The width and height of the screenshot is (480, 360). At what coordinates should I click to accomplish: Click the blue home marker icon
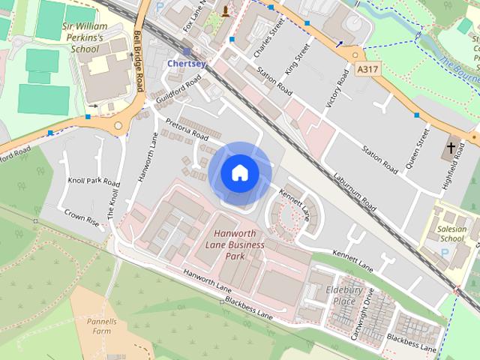coord(239,172)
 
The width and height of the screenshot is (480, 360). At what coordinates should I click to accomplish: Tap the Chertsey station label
coord(186,64)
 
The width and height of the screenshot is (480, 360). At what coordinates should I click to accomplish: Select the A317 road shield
coord(367,69)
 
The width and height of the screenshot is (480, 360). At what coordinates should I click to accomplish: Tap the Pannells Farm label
coord(100,325)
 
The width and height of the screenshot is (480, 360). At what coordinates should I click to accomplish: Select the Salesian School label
coord(452,234)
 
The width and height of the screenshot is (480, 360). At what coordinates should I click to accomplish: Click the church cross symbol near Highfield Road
coord(452,147)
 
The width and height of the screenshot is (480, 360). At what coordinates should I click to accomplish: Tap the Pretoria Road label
coord(186,128)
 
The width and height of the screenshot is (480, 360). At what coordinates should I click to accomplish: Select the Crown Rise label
coord(82,217)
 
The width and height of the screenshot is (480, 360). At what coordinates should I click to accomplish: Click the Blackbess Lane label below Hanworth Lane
coord(248,307)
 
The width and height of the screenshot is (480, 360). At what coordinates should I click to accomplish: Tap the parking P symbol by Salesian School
coord(445,254)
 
